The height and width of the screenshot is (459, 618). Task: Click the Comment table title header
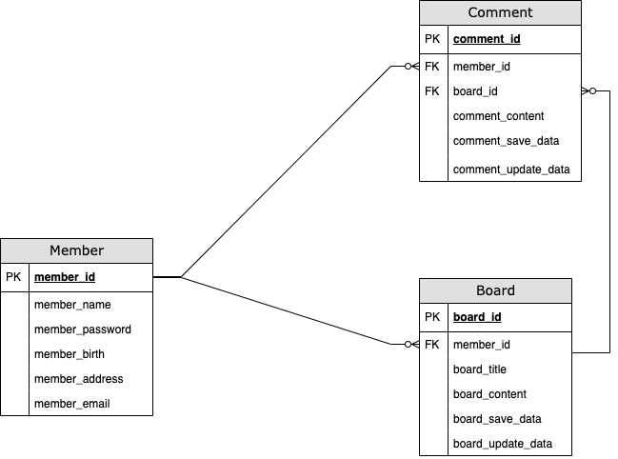500,12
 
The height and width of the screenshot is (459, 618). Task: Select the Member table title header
76,250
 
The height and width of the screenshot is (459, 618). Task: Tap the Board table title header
495,290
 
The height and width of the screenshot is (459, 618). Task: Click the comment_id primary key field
487,39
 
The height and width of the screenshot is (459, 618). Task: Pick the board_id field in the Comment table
475,91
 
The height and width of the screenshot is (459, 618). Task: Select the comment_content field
498,116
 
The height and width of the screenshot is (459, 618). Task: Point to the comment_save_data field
506,141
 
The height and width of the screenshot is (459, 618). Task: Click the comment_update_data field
511,170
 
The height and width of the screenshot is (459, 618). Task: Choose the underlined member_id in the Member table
65,277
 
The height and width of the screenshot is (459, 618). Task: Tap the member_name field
72,305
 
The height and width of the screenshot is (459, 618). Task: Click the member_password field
83,329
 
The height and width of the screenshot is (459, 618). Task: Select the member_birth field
70,354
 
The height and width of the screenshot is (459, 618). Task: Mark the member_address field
78,379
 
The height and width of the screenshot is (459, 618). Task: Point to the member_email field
71,404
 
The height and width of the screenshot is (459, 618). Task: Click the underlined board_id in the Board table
477,317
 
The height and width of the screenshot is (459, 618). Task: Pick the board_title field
480,369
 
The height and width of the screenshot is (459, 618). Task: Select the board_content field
489,394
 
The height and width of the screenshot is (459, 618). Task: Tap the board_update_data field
503,444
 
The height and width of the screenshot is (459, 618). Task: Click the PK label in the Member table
13,277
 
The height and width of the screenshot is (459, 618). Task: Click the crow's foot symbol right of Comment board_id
588,91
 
